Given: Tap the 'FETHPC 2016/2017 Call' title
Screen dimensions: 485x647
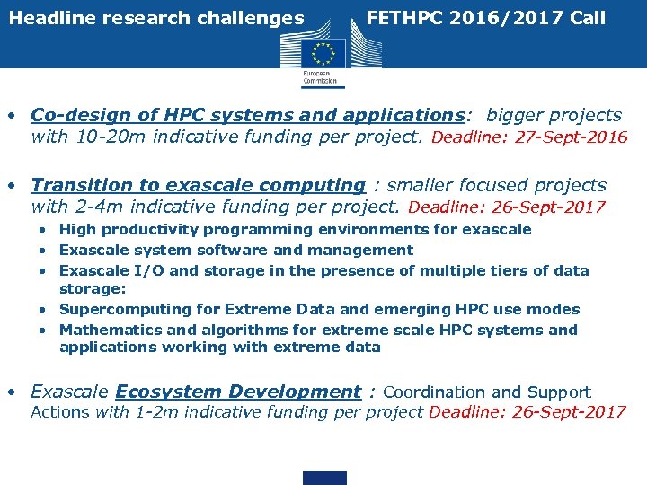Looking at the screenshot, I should (x=486, y=18).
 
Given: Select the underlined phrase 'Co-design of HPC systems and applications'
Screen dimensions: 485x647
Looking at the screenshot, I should (x=247, y=115).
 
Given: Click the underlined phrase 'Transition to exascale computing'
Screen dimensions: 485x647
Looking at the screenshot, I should (x=198, y=185).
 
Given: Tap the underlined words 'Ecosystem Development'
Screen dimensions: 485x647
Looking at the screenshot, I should (x=238, y=392).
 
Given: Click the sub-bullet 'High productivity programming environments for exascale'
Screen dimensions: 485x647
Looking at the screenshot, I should (x=295, y=230).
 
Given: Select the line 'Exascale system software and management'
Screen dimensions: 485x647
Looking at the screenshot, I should (x=236, y=250).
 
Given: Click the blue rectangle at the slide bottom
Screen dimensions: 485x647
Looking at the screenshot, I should (x=324, y=477).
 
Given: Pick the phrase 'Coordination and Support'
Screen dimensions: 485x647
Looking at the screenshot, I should (x=487, y=392).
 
